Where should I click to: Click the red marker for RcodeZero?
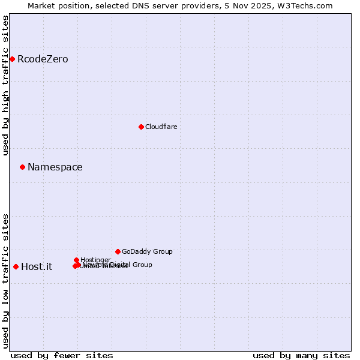[x=12, y=59]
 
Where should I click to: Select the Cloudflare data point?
[x=141, y=127]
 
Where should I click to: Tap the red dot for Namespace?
[x=22, y=167]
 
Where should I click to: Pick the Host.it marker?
[x=16, y=266]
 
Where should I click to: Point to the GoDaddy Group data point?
[x=118, y=251]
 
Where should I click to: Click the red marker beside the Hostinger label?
[x=76, y=260]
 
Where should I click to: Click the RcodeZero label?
[x=43, y=59]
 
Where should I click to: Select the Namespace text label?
[x=55, y=167]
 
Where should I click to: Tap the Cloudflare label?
[x=161, y=127]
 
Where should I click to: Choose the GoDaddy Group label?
[x=147, y=251]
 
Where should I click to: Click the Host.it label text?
[x=37, y=266]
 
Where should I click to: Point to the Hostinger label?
[x=95, y=260]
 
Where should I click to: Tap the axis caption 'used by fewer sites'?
[x=62, y=355]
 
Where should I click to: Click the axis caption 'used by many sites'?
[x=301, y=355]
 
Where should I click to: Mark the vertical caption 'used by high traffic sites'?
[x=5, y=85]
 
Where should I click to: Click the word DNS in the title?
[x=142, y=5]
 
